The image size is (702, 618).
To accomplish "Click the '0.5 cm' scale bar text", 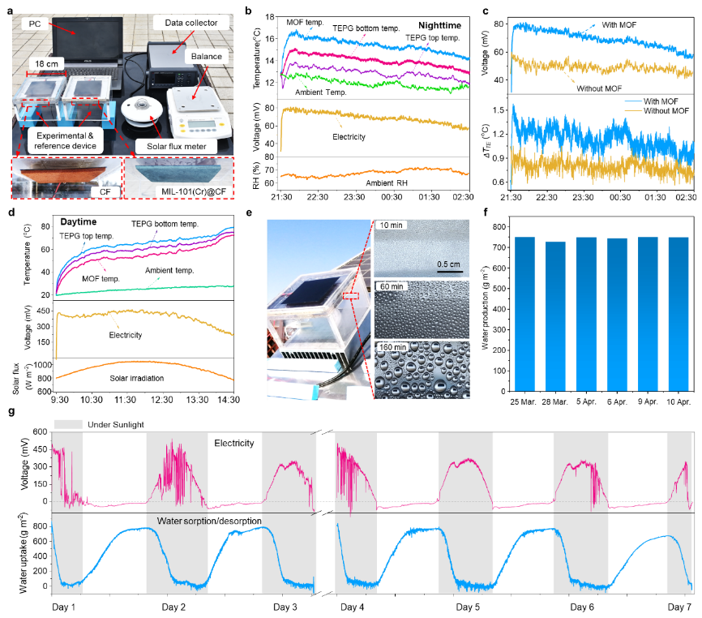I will coord(448,264).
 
